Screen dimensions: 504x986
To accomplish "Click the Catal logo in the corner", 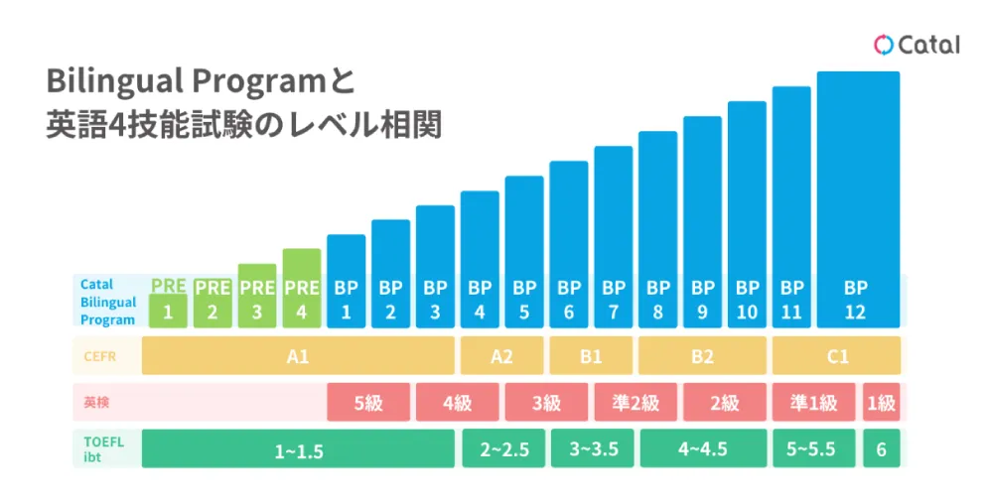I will [916, 45].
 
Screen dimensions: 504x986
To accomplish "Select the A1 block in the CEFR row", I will [298, 355].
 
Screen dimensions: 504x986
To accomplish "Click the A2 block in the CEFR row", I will [501, 355].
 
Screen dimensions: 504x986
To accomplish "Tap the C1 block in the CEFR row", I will [836, 355].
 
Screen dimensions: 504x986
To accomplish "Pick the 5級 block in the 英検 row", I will [368, 403].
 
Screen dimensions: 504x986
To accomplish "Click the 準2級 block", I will [635, 403].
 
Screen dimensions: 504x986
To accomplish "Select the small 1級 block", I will [881, 403].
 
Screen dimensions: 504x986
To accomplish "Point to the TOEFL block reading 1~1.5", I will [298, 449].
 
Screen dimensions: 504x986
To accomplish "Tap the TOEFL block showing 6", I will [881, 449].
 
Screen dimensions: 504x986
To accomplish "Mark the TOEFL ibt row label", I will [102, 449].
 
